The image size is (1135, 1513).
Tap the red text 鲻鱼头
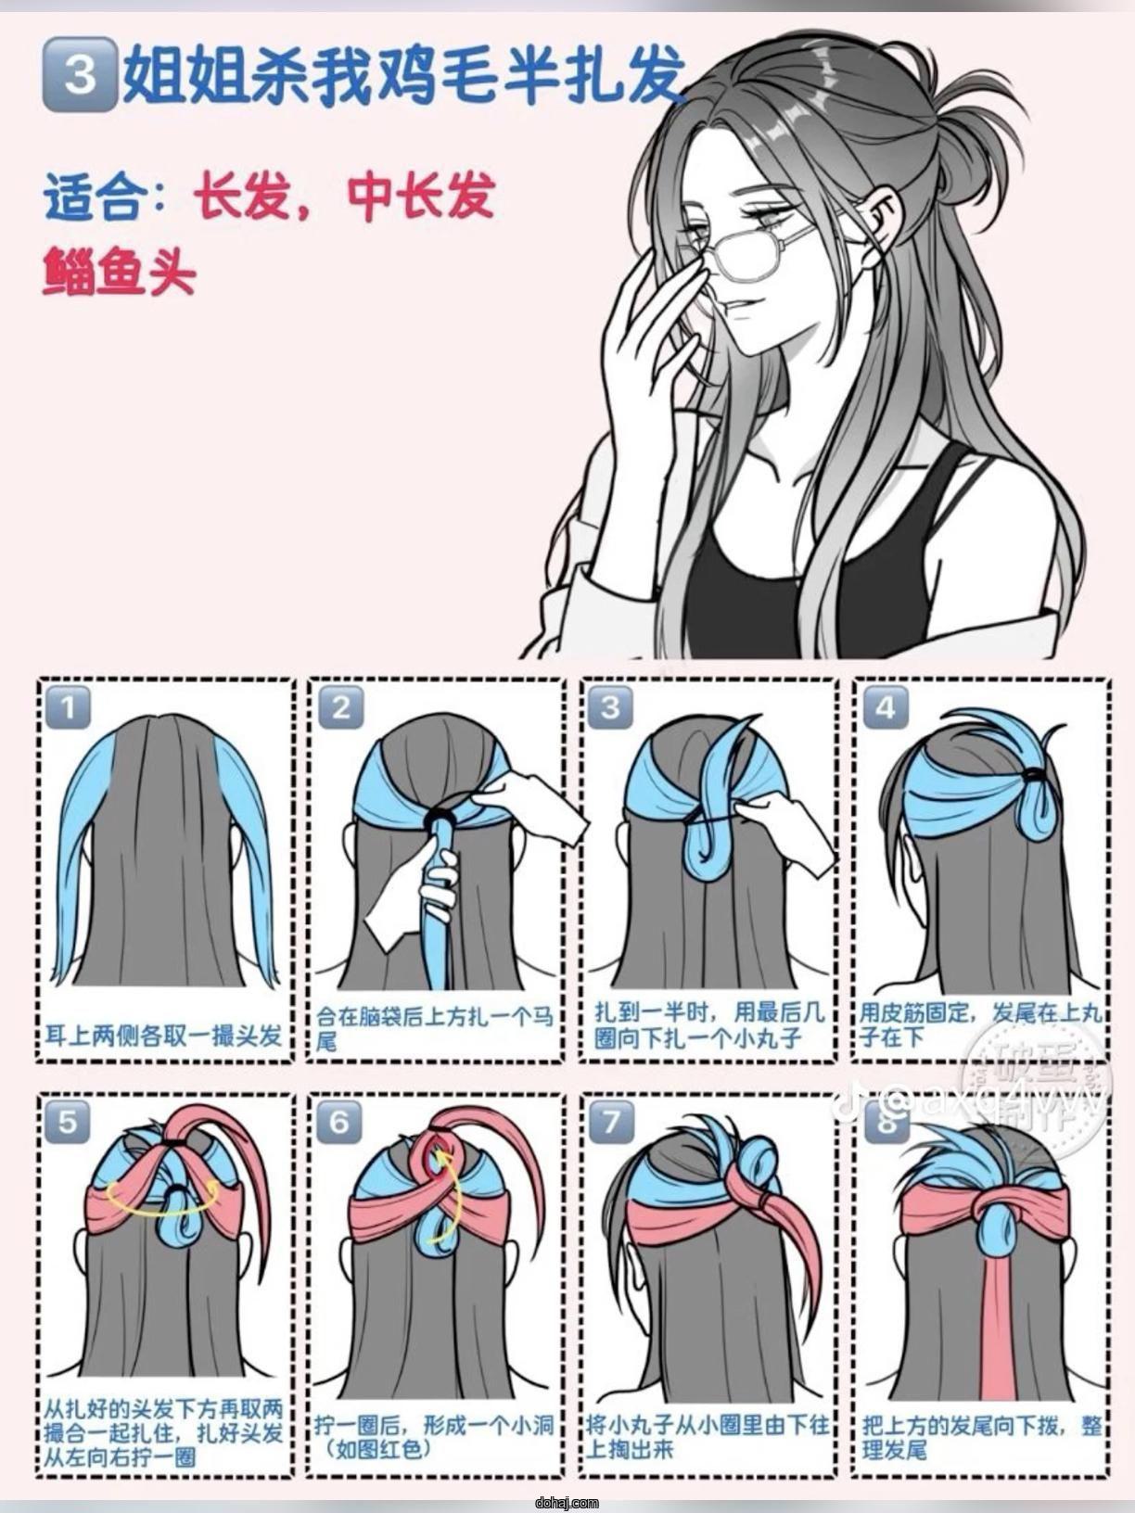(x=119, y=273)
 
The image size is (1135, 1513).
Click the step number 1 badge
(x=69, y=709)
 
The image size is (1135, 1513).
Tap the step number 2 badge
(x=340, y=709)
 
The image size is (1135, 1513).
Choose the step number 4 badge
(x=885, y=709)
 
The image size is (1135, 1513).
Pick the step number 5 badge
(x=69, y=1121)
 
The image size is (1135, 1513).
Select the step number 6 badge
(x=339, y=1121)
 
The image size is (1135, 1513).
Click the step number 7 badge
(x=611, y=1121)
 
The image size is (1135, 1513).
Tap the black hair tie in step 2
(x=439, y=816)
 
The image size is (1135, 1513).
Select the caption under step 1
(x=163, y=1035)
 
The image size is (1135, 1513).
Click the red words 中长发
(x=422, y=197)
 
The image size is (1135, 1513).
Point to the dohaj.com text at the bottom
(x=567, y=1503)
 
